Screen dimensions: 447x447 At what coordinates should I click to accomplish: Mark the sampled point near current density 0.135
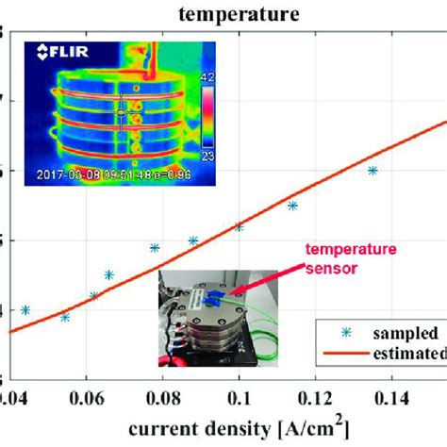(x=373, y=171)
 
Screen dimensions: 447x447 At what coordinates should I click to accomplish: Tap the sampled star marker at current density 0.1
(x=240, y=226)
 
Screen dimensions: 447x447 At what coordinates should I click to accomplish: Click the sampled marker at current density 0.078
(x=155, y=248)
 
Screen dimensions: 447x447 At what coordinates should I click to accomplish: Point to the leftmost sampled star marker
(x=25, y=309)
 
